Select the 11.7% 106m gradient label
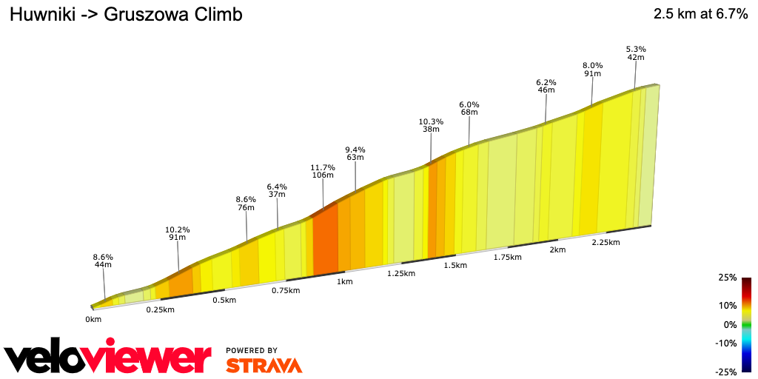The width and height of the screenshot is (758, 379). click(x=323, y=171)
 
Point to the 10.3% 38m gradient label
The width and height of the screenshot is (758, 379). click(x=430, y=125)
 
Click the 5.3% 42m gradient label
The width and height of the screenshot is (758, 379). click(x=636, y=53)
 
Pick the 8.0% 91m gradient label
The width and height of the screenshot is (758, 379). click(x=592, y=69)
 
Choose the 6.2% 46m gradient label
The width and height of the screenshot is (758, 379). click(x=546, y=86)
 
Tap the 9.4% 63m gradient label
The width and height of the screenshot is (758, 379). click(x=355, y=153)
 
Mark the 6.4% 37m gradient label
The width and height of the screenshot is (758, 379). click(x=277, y=190)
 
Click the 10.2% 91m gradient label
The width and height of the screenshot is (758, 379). click(x=177, y=233)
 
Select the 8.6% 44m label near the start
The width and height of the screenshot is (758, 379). click(x=102, y=261)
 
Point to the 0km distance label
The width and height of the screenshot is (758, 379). click(x=93, y=320)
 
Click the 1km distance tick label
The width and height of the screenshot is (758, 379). click(x=344, y=282)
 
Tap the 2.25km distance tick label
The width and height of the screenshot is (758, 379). click(x=606, y=242)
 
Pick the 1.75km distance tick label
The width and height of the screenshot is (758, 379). click(x=508, y=258)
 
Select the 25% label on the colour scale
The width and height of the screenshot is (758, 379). click(x=727, y=278)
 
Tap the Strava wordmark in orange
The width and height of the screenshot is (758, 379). click(x=264, y=366)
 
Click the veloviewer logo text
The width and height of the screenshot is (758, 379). click(x=108, y=358)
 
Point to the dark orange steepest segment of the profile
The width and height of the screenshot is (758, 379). click(x=326, y=237)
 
